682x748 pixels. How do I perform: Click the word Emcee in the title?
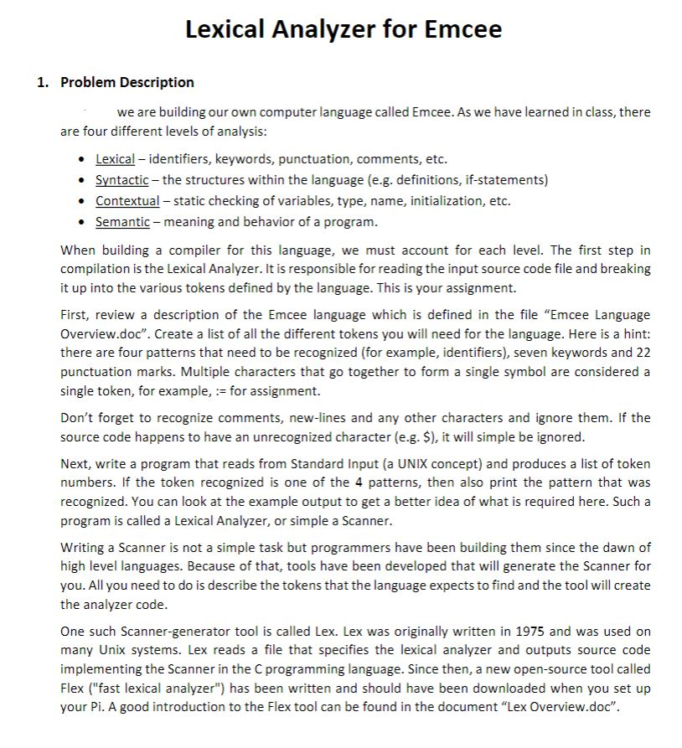coord(463,29)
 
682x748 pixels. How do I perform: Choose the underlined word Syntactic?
coord(121,179)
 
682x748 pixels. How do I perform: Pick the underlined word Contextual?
coord(127,201)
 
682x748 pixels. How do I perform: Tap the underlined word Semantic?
coord(122,222)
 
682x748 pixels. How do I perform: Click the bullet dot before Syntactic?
coord(80,180)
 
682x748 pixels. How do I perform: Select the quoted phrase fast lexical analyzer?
coord(157,687)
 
